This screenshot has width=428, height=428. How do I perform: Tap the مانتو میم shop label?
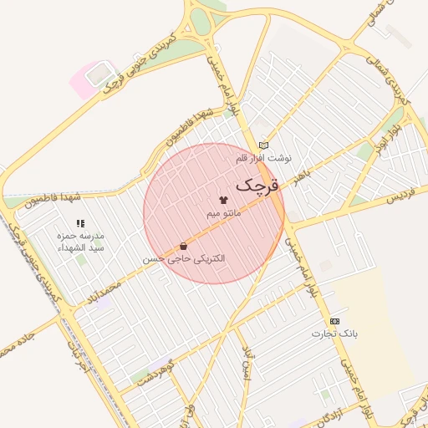(224, 214)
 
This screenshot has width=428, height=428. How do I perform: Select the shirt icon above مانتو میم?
(223, 201)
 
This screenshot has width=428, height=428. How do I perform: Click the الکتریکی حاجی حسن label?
(183, 259)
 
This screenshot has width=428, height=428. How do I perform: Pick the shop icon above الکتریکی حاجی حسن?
(183, 247)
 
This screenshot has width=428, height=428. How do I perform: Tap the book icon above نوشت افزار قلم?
(264, 145)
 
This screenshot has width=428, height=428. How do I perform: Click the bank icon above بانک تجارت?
(335, 321)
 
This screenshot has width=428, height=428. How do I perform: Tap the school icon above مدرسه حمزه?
(80, 223)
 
